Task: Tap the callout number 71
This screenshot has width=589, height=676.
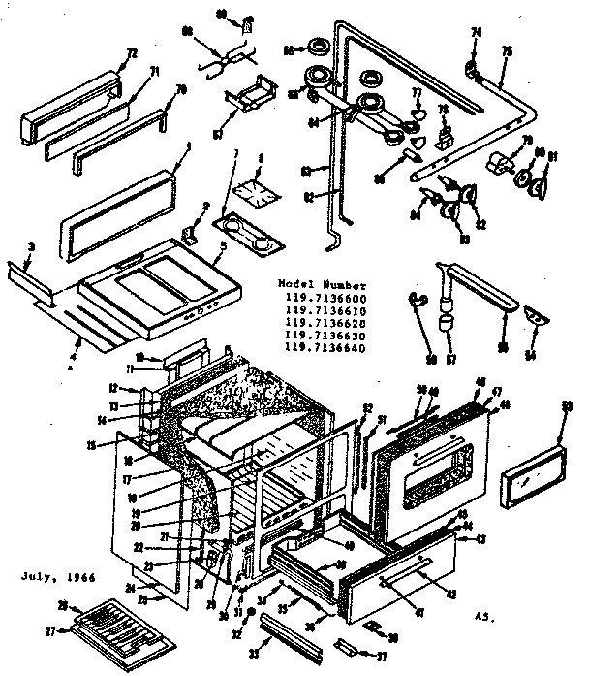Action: pos(125,71)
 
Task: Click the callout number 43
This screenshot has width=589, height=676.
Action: pos(478,538)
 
